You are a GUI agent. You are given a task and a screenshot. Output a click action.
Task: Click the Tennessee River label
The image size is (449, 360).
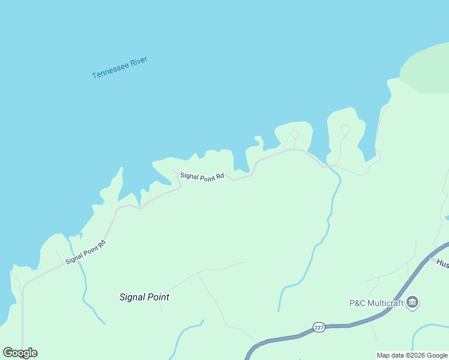[x=119, y=67]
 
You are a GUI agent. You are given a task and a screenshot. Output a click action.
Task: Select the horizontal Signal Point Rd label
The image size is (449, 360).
[x=202, y=176]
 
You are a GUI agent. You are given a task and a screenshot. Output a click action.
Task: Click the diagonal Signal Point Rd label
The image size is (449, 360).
[x=85, y=252]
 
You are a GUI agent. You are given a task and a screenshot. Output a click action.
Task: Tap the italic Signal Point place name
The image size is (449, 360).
[x=144, y=297]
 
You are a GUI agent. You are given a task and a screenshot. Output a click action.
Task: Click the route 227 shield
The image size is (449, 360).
[x=319, y=328]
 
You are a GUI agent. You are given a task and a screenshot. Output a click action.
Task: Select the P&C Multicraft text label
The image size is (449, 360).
[x=376, y=303]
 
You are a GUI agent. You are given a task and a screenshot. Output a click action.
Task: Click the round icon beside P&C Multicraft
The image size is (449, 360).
[x=412, y=302]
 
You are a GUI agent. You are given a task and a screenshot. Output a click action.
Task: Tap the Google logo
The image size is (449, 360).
[x=20, y=353]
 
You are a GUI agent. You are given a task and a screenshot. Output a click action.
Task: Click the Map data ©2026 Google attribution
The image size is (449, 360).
[x=412, y=355]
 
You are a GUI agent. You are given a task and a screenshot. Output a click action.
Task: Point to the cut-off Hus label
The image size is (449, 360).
[x=442, y=263]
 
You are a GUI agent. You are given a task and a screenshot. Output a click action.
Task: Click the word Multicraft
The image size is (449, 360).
[x=385, y=303]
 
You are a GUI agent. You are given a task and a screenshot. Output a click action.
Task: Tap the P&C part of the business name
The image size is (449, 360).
[x=358, y=303]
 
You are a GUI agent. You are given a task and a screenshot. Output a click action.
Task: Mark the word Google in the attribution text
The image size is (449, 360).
[x=437, y=355]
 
